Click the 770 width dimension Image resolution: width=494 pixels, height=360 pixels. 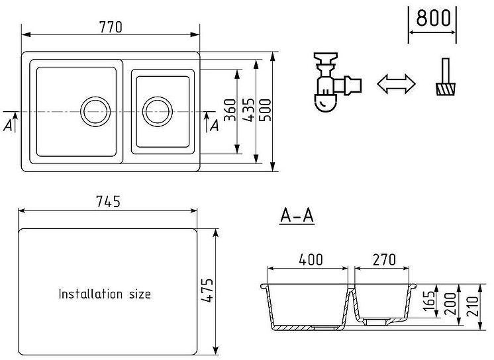tap(111, 27)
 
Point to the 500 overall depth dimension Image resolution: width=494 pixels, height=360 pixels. tap(264, 109)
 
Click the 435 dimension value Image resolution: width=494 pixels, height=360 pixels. tap(248, 109)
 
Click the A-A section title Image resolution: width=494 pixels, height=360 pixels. tap(297, 216)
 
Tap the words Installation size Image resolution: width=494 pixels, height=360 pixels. tap(105, 294)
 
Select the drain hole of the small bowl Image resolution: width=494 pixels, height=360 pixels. tap(157, 111)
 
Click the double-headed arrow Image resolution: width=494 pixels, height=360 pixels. tap(395, 83)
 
